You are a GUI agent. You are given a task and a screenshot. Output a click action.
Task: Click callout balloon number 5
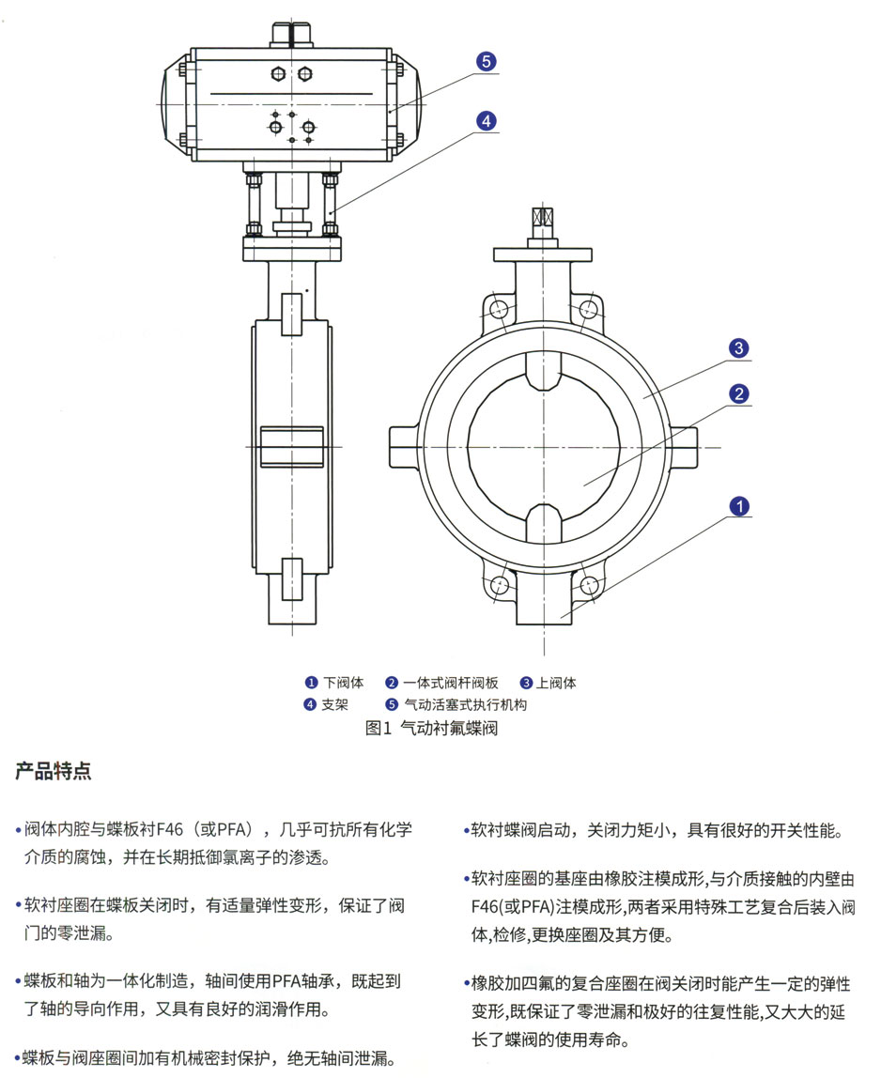(486, 62)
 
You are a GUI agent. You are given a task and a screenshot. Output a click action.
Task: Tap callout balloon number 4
(486, 121)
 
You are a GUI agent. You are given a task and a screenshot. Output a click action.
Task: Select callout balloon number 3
(739, 349)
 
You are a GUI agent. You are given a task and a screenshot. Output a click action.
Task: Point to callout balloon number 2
(739, 394)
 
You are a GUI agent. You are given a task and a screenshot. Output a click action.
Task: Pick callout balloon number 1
(739, 507)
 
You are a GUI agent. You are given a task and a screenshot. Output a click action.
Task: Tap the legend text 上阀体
(557, 683)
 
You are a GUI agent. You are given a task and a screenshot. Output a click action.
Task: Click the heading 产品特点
(54, 772)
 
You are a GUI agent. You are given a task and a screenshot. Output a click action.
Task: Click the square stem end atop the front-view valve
(544, 217)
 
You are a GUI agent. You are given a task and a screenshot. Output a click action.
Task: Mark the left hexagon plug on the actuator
(278, 73)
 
